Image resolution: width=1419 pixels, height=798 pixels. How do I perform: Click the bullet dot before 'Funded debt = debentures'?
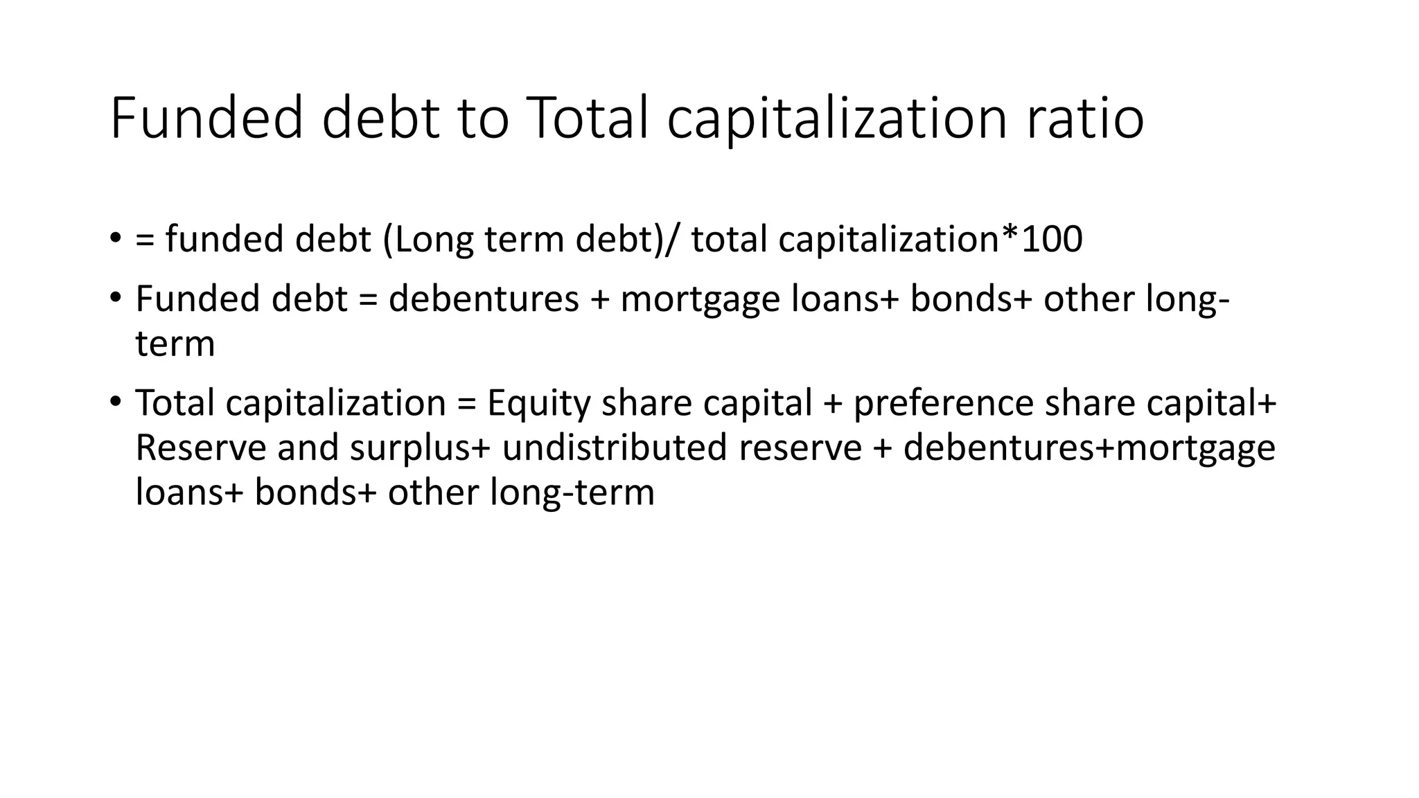(x=115, y=299)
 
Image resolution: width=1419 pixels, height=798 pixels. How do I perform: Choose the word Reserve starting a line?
(x=201, y=447)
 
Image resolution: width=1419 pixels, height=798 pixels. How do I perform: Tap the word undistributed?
(x=615, y=447)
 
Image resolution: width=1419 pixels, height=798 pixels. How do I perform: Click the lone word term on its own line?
(x=175, y=344)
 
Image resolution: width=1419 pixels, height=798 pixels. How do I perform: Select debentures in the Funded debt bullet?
(x=484, y=299)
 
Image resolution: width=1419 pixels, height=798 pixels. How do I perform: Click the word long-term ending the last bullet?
(x=572, y=493)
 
